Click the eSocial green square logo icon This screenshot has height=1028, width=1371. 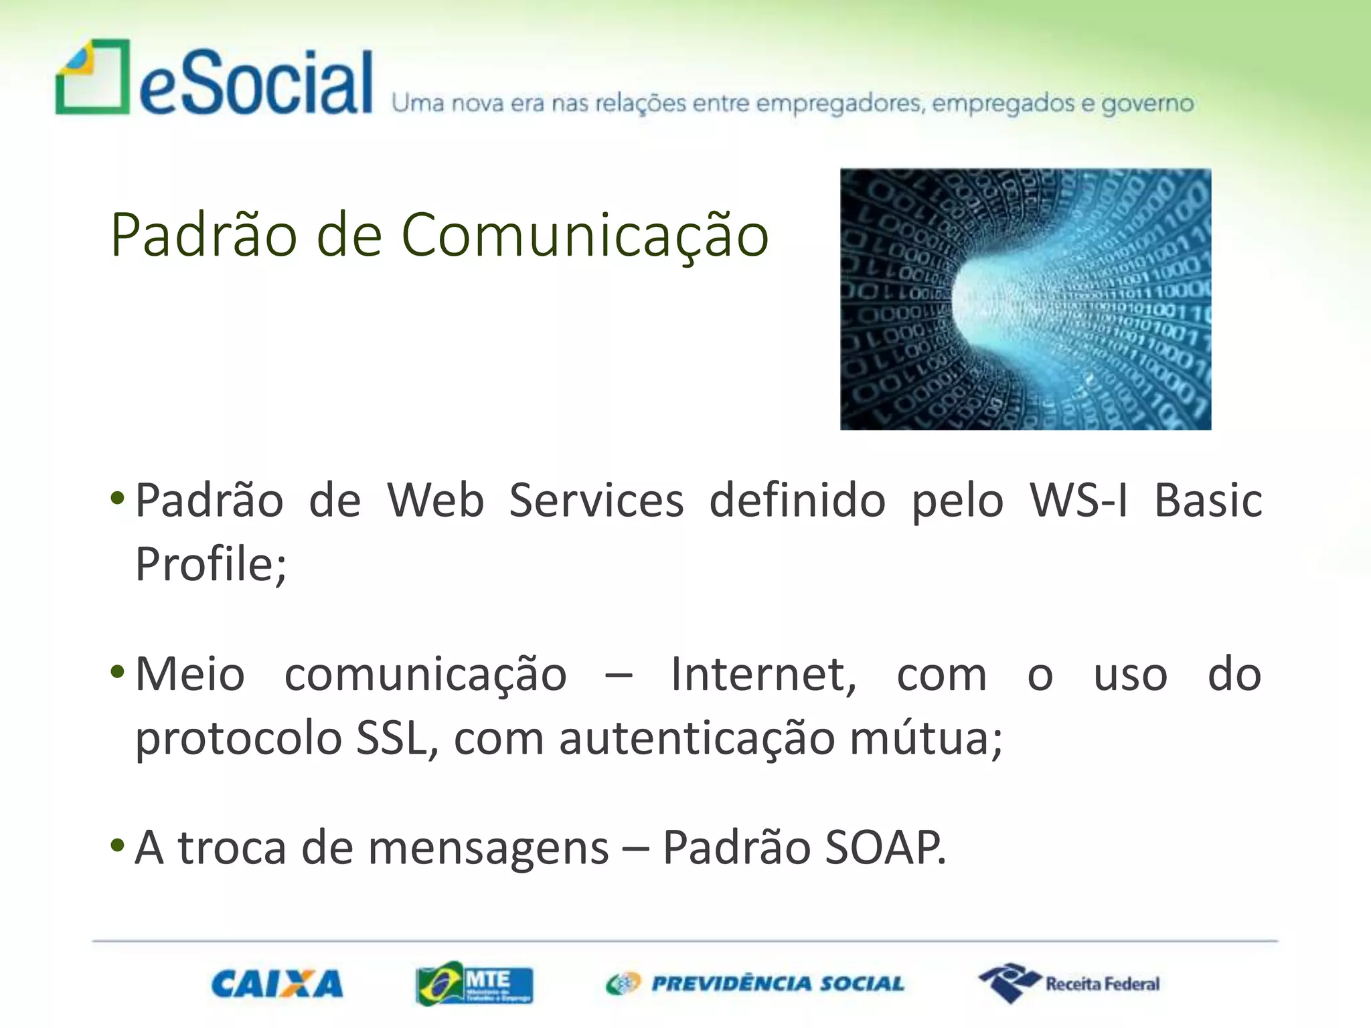click(x=92, y=77)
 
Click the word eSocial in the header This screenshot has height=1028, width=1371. click(x=256, y=83)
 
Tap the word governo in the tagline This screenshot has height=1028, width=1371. click(x=1147, y=104)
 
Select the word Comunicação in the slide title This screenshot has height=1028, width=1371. click(x=584, y=234)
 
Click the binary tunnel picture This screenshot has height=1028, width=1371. click(x=1025, y=299)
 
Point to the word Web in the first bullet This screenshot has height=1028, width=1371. click(x=435, y=500)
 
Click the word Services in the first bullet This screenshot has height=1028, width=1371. click(x=596, y=500)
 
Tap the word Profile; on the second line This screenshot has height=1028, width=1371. click(x=210, y=564)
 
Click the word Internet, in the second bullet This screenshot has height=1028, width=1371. click(x=763, y=674)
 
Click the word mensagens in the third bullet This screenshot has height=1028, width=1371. click(x=488, y=847)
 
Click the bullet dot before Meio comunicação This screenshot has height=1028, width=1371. click(x=117, y=671)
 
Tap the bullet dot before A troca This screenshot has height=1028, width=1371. click(x=117, y=845)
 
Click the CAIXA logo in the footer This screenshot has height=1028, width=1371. click(x=277, y=984)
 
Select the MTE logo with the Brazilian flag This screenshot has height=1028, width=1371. click(x=474, y=984)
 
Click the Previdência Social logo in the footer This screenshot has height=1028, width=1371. click(x=755, y=984)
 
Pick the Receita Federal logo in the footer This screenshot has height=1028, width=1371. click(x=1069, y=983)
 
